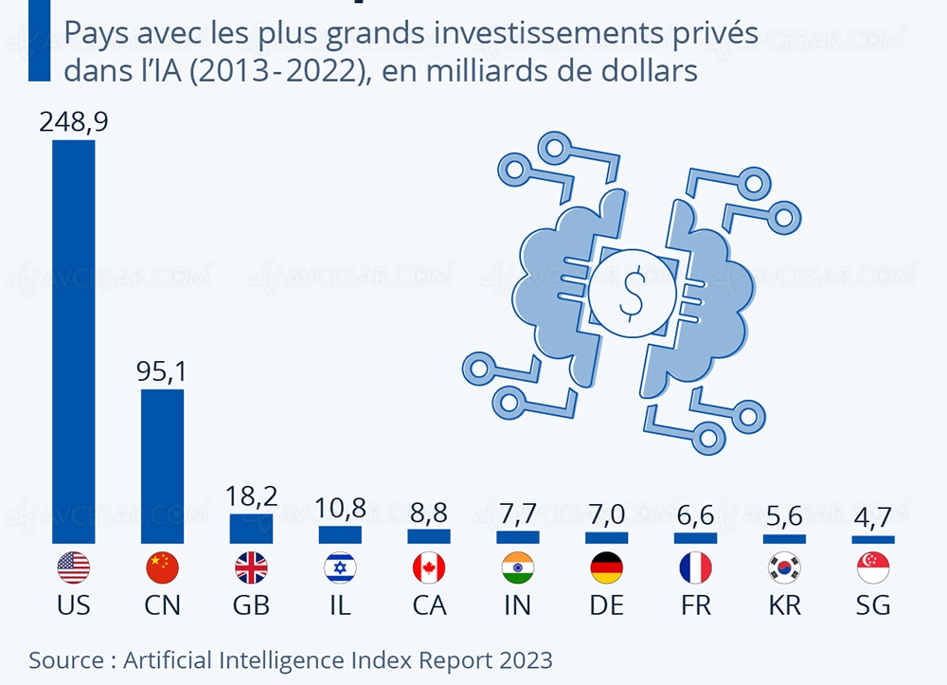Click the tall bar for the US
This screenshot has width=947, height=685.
[73, 341]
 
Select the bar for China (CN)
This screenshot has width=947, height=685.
[162, 465]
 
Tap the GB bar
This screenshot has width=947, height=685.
[251, 529]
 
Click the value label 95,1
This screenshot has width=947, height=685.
[162, 370]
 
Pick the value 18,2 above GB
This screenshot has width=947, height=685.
[251, 496]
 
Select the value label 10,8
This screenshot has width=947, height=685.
[340, 507]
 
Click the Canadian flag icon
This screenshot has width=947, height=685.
[429, 568]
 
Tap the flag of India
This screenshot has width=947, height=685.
[518, 568]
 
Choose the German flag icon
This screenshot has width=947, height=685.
[606, 568]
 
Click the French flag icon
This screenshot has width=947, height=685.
[695, 568]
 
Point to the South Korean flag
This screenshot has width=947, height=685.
[784, 568]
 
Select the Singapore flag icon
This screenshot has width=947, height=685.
[873, 568]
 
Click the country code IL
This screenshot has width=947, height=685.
[340, 605]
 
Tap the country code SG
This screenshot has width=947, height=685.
[873, 605]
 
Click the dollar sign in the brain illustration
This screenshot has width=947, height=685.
[631, 294]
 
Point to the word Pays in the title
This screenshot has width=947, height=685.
[92, 35]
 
